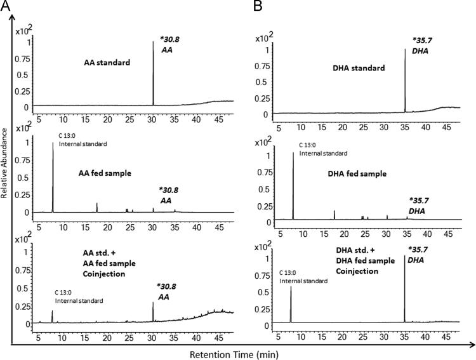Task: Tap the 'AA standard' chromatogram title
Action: (x=107, y=63)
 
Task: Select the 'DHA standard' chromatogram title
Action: (x=360, y=67)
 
